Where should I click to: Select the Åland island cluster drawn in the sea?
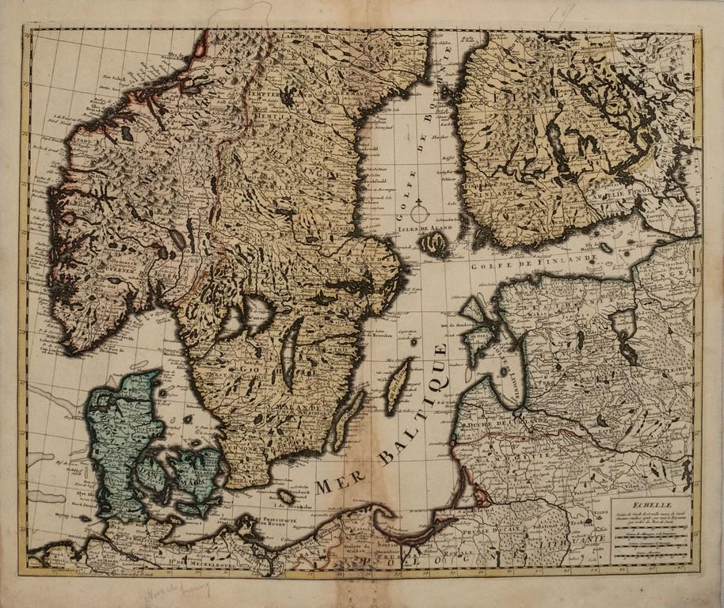click(432, 245)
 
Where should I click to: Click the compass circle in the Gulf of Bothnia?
click(419, 213)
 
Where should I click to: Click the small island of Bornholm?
click(286, 497)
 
